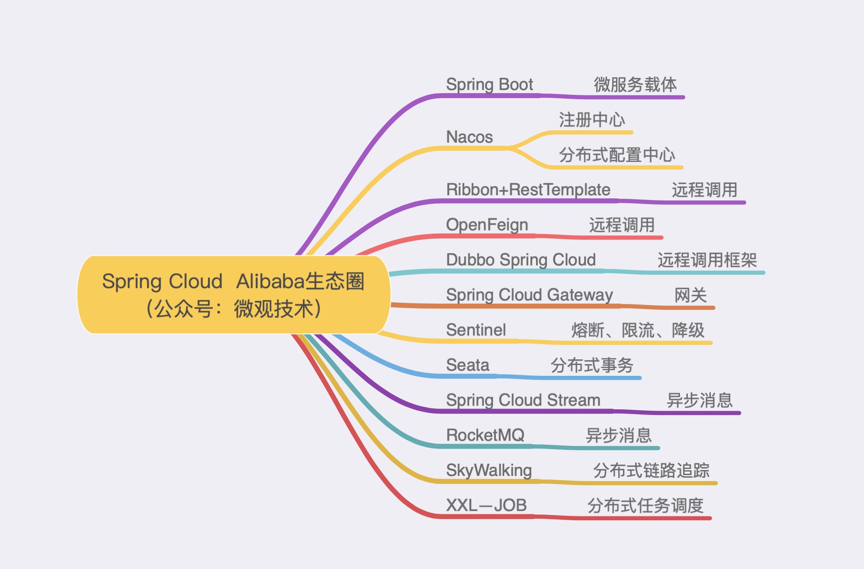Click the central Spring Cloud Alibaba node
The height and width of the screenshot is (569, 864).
[234, 295]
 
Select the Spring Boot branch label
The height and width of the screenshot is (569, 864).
[489, 84]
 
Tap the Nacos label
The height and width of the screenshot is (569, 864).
[469, 137]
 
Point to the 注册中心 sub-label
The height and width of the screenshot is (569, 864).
[592, 120]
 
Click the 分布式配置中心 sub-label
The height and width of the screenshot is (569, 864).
[617, 155]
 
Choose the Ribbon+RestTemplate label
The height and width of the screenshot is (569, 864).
[528, 190]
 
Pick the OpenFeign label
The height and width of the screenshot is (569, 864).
[487, 225]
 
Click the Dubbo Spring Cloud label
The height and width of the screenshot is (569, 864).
[521, 260]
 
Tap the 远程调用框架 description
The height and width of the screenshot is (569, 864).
[707, 260]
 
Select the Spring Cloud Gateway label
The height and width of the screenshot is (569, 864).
[529, 295]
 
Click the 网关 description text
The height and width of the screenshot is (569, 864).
[690, 295]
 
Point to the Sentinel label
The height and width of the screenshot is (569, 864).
[476, 330]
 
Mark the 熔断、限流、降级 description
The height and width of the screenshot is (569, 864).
[638, 330]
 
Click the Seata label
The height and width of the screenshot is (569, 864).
[468, 365]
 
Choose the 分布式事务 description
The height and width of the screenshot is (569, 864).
[592, 365]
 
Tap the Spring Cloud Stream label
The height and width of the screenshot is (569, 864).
[523, 400]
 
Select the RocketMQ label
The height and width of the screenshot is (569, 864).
[486, 435]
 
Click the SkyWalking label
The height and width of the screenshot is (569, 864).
[489, 470]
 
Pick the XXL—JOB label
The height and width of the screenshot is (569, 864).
[486, 505]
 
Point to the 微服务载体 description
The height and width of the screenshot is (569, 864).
[635, 84]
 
